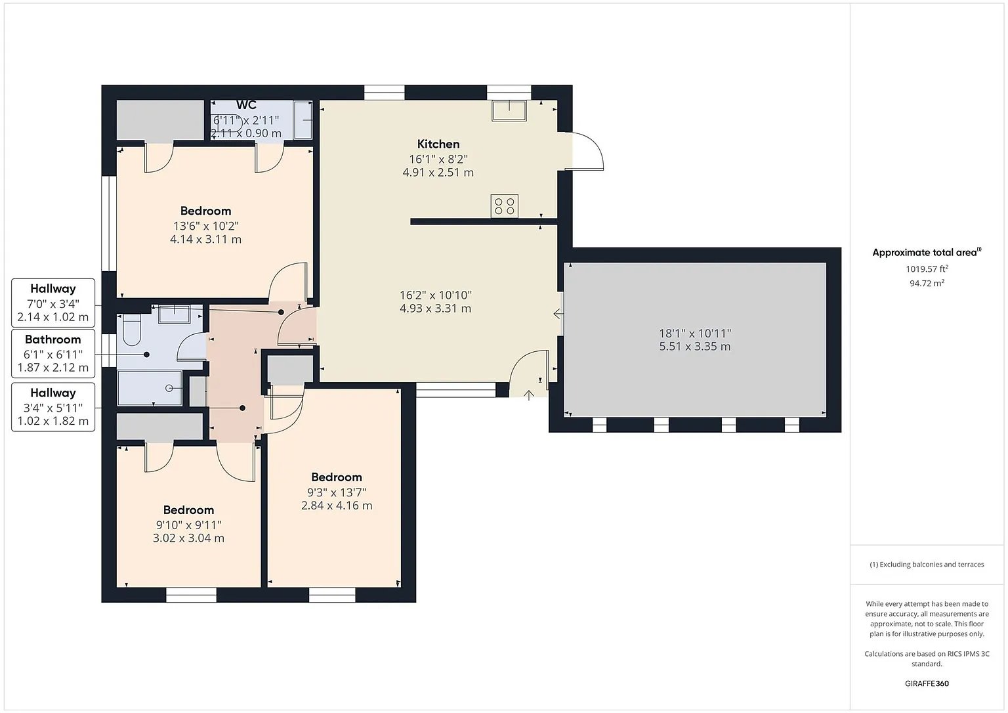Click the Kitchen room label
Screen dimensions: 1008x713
[x=438, y=144]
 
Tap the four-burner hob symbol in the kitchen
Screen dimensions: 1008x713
[x=505, y=206]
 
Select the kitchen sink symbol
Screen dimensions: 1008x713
[x=509, y=111]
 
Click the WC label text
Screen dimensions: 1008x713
[x=246, y=105]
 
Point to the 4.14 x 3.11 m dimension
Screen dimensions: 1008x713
[x=205, y=239]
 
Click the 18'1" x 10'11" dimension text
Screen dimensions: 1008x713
[x=695, y=334]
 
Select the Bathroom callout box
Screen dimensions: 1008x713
[x=53, y=353]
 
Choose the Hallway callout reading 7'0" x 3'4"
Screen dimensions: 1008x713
[x=53, y=303]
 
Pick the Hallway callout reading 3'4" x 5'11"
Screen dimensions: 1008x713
[x=53, y=407]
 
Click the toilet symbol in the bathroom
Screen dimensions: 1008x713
[x=131, y=329]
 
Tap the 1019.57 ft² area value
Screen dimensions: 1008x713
[x=927, y=269]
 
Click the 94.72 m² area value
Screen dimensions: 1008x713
[x=927, y=283]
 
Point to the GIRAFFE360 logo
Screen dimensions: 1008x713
[x=927, y=683]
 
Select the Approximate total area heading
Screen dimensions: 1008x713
[x=927, y=252]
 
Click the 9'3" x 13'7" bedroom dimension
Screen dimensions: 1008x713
[x=337, y=492]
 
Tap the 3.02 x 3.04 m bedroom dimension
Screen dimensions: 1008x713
[x=188, y=538]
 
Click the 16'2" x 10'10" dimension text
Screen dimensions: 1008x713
[x=436, y=295]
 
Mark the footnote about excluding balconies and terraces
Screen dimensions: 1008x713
[x=927, y=565]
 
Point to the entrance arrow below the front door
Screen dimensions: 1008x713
[x=529, y=395]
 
